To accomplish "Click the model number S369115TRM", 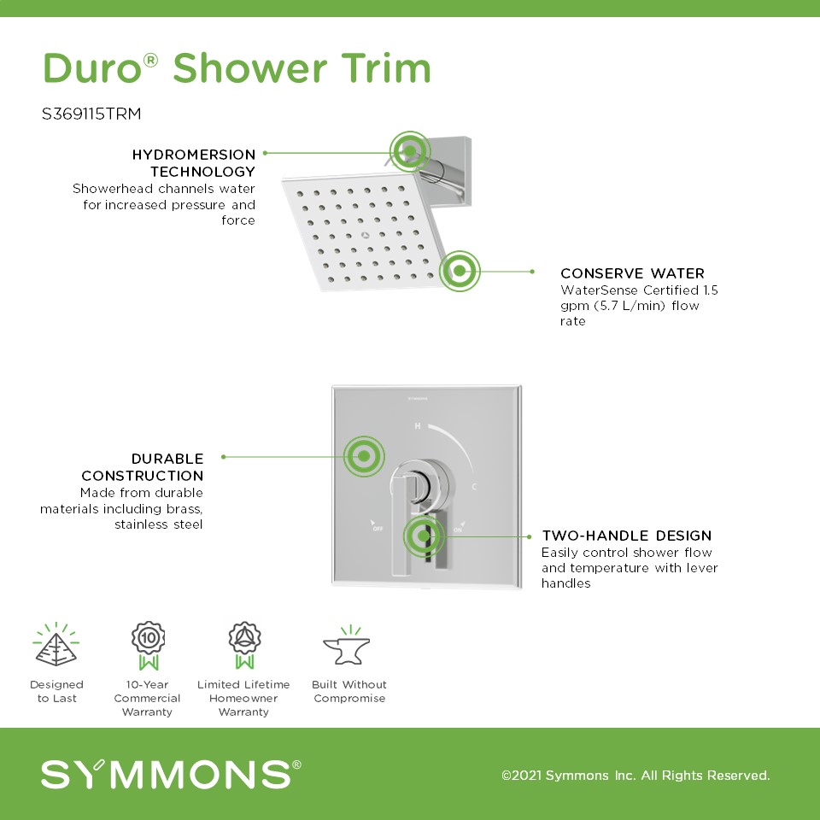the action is tap(91, 114).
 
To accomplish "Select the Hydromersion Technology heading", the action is tap(194, 162).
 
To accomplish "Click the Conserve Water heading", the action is tap(632, 273).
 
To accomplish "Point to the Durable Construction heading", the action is tap(143, 467).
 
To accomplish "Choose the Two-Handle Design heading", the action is tap(626, 536).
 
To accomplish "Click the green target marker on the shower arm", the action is tap(410, 152).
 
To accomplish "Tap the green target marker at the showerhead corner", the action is tap(460, 271).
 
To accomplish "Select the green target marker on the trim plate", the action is tap(364, 456).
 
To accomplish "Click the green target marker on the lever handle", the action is tap(424, 536).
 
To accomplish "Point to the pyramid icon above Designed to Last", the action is tap(56, 644).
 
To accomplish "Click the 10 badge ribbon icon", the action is tap(149, 646).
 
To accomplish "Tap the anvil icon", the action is tap(347, 645).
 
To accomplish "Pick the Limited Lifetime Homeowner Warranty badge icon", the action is tap(244, 646).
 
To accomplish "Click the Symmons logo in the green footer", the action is tap(171, 774).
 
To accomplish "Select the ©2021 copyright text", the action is tap(635, 775).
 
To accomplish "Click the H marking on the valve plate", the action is tap(418, 426).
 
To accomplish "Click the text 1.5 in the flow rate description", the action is tap(711, 290).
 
